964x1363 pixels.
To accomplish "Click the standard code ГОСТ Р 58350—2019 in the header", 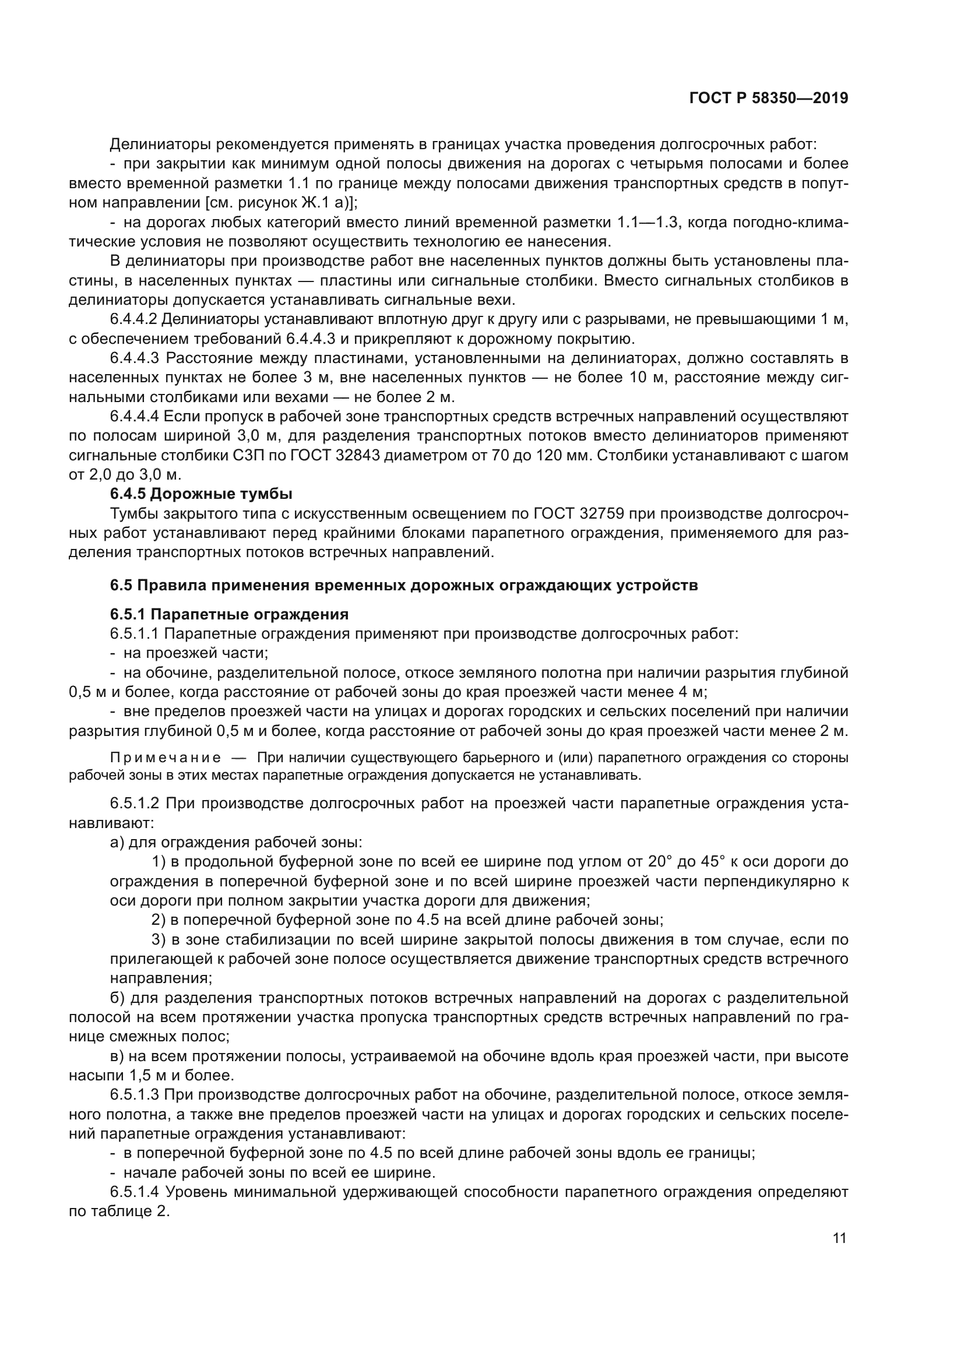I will click(x=768, y=98).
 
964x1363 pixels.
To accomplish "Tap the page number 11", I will click(x=839, y=1238).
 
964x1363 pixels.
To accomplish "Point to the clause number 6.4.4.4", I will click(x=134, y=417).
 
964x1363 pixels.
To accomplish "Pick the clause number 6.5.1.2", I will click(x=134, y=804).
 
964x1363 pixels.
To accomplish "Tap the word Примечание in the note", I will click(x=166, y=758).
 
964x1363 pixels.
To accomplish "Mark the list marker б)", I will click(x=117, y=998).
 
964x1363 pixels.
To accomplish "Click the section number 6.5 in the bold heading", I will click(x=121, y=585).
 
